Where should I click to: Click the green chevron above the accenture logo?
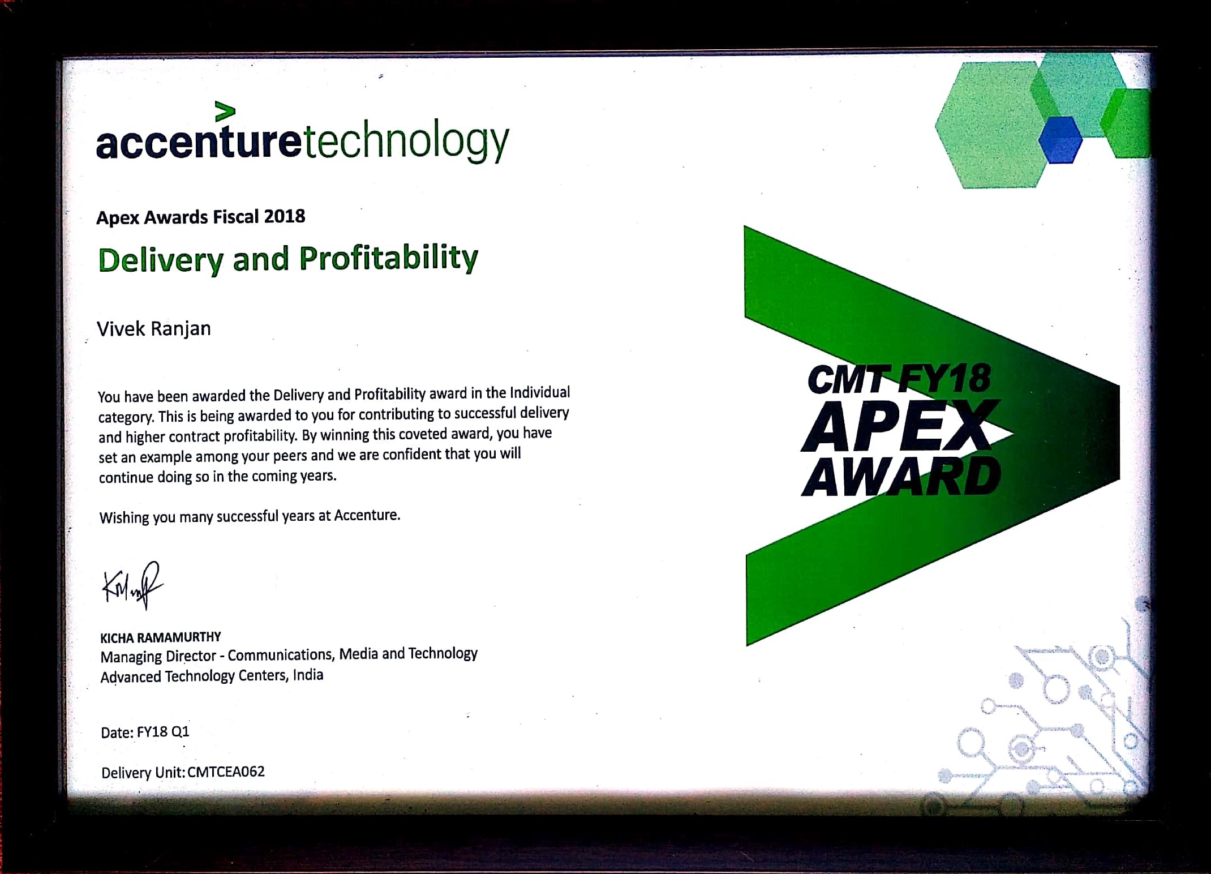pyautogui.click(x=225, y=112)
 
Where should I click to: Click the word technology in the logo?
pyautogui.click(x=406, y=141)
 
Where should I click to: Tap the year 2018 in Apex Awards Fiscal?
pyautogui.click(x=284, y=216)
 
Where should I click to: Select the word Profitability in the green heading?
pyautogui.click(x=389, y=259)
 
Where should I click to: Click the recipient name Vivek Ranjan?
pyautogui.click(x=154, y=329)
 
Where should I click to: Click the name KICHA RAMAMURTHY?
pyautogui.click(x=161, y=637)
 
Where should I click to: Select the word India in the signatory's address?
pyautogui.click(x=308, y=675)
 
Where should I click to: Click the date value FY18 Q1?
pyautogui.click(x=163, y=732)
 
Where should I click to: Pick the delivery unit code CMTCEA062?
pyautogui.click(x=226, y=772)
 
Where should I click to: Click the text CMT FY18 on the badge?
pyautogui.click(x=899, y=379)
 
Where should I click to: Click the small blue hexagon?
pyautogui.click(x=1060, y=140)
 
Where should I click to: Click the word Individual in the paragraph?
pyautogui.click(x=540, y=392)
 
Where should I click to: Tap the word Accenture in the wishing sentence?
pyautogui.click(x=367, y=515)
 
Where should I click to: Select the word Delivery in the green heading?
pyautogui.click(x=161, y=260)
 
